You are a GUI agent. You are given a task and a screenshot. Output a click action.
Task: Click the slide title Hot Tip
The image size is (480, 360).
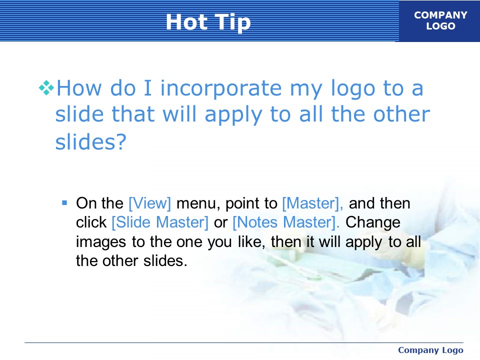tap(208, 22)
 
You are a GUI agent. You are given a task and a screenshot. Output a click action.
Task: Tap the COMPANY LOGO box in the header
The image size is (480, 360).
tap(439, 21)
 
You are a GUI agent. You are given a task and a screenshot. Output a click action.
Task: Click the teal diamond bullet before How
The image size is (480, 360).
tap(46, 88)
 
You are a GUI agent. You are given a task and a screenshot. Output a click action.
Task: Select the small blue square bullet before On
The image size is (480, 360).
tap(64, 202)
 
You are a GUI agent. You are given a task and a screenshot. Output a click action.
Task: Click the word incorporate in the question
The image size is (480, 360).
tap(220, 88)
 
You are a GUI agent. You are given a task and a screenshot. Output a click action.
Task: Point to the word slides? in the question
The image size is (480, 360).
tap(90, 141)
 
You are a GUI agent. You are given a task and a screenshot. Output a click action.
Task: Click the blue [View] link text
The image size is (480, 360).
tap(149, 203)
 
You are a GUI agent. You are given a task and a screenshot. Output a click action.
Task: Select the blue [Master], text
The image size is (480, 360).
tap(312, 203)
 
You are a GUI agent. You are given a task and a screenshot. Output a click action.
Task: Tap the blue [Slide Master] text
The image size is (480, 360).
tap(160, 222)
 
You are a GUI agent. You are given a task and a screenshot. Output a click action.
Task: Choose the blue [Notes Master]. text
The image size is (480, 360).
tap(286, 222)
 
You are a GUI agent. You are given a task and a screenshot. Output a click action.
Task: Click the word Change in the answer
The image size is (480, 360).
tap(373, 223)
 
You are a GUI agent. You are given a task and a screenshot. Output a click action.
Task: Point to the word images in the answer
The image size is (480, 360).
tap(101, 242)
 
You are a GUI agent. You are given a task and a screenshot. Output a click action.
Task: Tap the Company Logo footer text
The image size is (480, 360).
tap(430, 350)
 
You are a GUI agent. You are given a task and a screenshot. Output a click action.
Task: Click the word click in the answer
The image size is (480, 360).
tap(91, 222)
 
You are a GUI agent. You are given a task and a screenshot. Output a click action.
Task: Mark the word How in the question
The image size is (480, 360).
tap(79, 88)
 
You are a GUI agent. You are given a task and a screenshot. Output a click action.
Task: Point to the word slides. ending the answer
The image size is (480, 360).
tap(165, 261)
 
